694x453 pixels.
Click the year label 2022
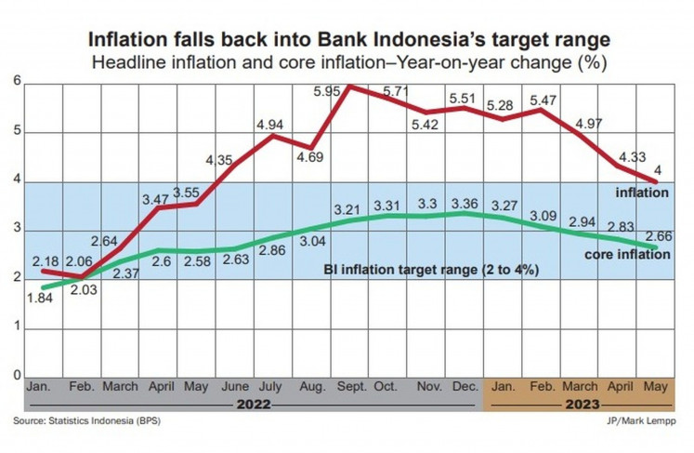252,404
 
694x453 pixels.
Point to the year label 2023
581,404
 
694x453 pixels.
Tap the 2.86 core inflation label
272,251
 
